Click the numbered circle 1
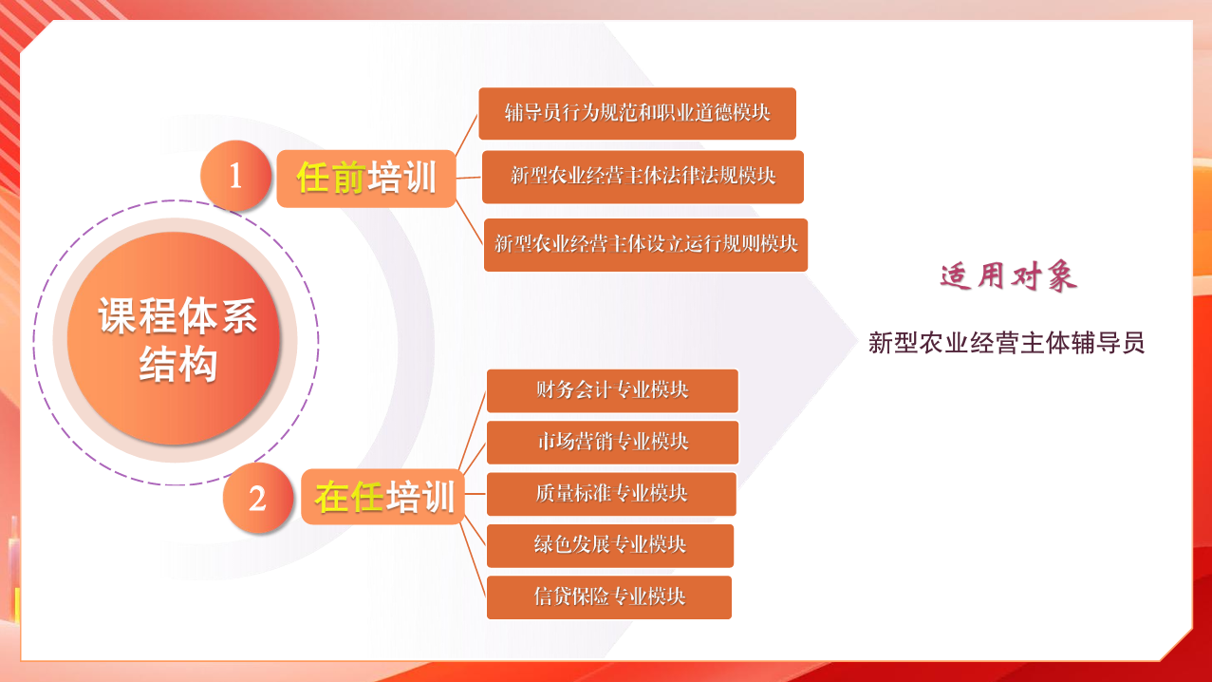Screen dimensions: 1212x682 click(x=235, y=176)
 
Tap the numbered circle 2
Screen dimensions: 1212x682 click(x=257, y=498)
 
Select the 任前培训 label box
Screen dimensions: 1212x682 click(x=366, y=179)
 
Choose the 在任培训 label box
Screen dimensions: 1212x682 click(x=383, y=497)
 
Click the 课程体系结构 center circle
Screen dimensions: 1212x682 click(x=175, y=338)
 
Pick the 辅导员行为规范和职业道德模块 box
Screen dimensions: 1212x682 click(x=638, y=114)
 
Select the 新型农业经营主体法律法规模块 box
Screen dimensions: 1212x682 click(x=643, y=177)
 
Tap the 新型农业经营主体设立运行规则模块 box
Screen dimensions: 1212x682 click(x=646, y=245)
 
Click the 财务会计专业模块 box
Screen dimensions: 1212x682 click(x=612, y=391)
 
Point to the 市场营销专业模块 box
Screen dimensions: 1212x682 click(x=612, y=443)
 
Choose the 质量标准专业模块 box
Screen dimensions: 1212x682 click(x=611, y=494)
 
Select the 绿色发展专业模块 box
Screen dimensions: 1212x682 click(x=610, y=546)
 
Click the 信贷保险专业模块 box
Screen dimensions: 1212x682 click(x=609, y=597)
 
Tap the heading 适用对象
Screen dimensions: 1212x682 click(x=1009, y=276)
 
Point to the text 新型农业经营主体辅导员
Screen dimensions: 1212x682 click(x=1006, y=343)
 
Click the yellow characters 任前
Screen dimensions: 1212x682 click(x=330, y=177)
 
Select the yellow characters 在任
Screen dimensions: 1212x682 click(x=349, y=497)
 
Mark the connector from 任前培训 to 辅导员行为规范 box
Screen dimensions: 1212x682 click(x=466, y=136)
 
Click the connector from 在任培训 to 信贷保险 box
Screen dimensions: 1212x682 click(x=473, y=559)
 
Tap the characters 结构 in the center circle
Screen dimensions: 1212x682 click(x=178, y=364)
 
